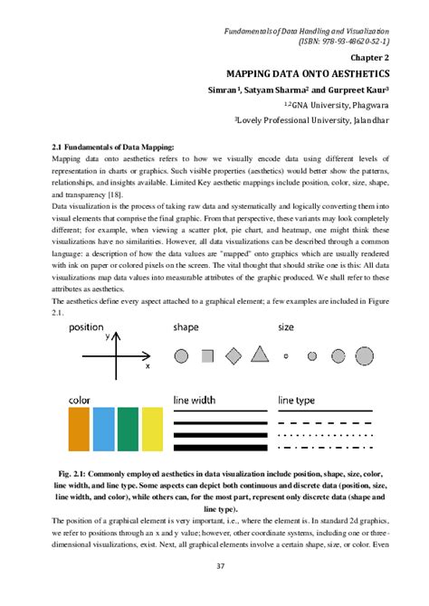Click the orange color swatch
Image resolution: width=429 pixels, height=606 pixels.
tap(79, 429)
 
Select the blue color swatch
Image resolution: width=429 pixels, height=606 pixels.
tap(103, 429)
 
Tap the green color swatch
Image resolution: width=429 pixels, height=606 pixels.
tap(128, 429)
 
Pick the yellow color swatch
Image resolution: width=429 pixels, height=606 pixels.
tap(151, 429)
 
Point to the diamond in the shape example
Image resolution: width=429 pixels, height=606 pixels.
tap(234, 355)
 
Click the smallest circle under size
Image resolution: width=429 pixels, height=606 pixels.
tap(287, 356)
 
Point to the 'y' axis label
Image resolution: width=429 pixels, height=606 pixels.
tap(107, 336)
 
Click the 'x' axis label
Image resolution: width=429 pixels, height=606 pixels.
tap(147, 367)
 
